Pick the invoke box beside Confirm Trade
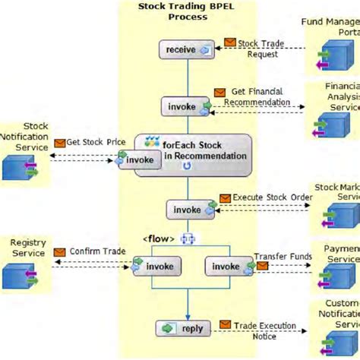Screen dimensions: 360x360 pos(158,267)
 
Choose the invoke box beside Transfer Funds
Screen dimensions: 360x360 pos(226,267)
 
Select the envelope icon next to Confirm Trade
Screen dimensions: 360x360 pos(58,252)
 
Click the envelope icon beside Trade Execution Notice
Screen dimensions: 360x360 pos(226,325)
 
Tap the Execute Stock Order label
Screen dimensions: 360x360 pos(272,197)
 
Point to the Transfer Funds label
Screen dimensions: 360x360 pos(282,257)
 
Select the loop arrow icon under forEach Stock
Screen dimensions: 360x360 pos(187,166)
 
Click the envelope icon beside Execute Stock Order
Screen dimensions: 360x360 pos(225,198)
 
